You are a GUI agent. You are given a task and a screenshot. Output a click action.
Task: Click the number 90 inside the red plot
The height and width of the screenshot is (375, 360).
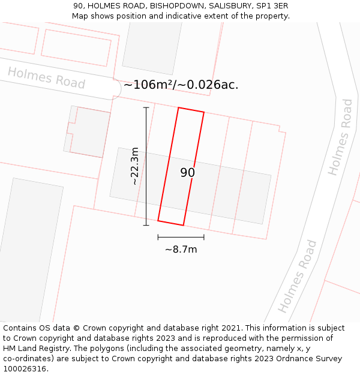[187, 173]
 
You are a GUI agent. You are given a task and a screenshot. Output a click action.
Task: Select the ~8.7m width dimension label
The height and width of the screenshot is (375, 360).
[181, 249]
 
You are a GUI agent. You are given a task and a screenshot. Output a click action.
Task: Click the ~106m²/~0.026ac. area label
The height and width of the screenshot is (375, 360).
[181, 85]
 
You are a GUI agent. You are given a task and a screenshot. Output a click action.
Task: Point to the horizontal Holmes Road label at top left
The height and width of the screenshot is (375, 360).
[46, 78]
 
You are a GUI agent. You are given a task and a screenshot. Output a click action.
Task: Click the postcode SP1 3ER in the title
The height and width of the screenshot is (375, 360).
[272, 5]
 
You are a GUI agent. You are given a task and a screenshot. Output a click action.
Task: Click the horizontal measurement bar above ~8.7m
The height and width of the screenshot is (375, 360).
[181, 238]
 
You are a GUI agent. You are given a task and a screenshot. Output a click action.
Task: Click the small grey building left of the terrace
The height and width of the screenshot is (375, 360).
[88, 131]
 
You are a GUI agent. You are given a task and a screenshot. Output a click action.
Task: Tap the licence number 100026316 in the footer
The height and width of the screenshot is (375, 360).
[24, 369]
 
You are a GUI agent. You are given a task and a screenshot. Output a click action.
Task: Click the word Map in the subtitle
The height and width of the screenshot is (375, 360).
[80, 16]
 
